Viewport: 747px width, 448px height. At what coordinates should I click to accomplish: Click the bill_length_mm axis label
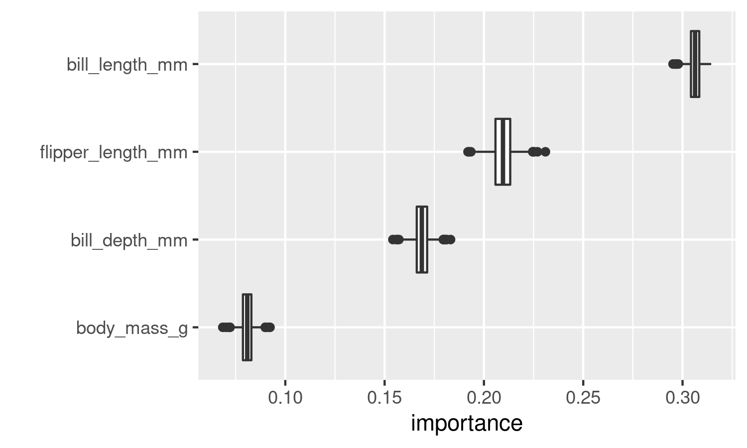[x=127, y=65]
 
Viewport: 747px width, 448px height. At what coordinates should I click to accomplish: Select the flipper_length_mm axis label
[x=114, y=152]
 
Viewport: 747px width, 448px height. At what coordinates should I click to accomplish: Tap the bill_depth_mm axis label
[x=129, y=240]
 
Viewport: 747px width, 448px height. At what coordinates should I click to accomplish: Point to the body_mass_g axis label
[x=132, y=328]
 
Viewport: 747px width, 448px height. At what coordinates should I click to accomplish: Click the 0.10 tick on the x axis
[x=285, y=397]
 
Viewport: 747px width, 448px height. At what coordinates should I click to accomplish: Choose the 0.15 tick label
[x=384, y=397]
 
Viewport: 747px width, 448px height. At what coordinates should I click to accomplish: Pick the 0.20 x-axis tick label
[x=484, y=397]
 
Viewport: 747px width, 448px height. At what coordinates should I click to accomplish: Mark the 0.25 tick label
[x=583, y=397]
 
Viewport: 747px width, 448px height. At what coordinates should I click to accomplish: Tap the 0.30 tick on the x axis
[x=682, y=397]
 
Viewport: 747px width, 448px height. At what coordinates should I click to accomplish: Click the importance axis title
[x=467, y=423]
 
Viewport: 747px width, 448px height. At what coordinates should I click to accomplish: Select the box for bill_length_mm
[x=695, y=64]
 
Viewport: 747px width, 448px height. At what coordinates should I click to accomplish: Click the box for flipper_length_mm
[x=502, y=152]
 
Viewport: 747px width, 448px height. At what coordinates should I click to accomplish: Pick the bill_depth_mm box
[x=422, y=239]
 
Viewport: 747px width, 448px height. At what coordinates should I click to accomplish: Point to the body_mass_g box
[x=247, y=327]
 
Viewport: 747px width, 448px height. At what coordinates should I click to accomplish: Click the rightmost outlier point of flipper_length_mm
[x=545, y=152]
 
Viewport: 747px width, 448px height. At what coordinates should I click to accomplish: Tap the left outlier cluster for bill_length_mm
[x=675, y=64]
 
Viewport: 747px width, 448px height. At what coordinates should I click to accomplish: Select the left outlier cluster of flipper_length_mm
[x=469, y=152]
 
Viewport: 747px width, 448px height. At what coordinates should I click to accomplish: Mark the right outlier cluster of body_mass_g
[x=268, y=327]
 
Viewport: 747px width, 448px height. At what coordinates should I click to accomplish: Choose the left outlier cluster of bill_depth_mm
[x=396, y=239]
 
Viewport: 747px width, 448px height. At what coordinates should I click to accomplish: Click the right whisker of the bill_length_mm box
[x=706, y=64]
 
